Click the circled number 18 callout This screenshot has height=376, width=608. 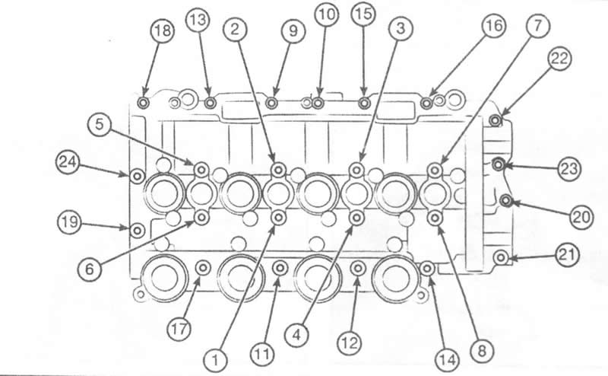pos(162,30)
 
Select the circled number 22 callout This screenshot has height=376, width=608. pos(560,59)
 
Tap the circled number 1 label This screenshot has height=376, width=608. pos(215,359)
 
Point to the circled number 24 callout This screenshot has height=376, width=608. pos(68,162)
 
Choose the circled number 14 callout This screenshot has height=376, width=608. pos(447,359)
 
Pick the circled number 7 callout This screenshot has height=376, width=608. pos(538,25)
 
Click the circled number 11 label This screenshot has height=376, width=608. pos(262,354)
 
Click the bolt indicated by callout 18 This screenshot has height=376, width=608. pos(144,103)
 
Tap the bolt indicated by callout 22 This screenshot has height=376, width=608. pos(495,120)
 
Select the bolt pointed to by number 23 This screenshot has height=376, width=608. pos(499,164)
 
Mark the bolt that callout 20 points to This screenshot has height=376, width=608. pos(505,200)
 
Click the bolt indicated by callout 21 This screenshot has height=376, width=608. pos(501,257)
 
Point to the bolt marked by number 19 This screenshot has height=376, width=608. pos(137,231)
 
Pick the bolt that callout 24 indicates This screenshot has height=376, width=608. pos(137,177)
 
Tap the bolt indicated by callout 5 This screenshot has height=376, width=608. pos(201,170)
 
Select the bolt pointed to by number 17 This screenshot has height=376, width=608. pos(203,268)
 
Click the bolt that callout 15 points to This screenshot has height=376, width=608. pos(364,103)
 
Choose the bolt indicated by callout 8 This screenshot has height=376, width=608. pos(435,218)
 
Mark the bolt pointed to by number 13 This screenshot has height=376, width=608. pos(211,103)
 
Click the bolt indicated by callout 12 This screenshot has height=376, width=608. pos(357,268)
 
